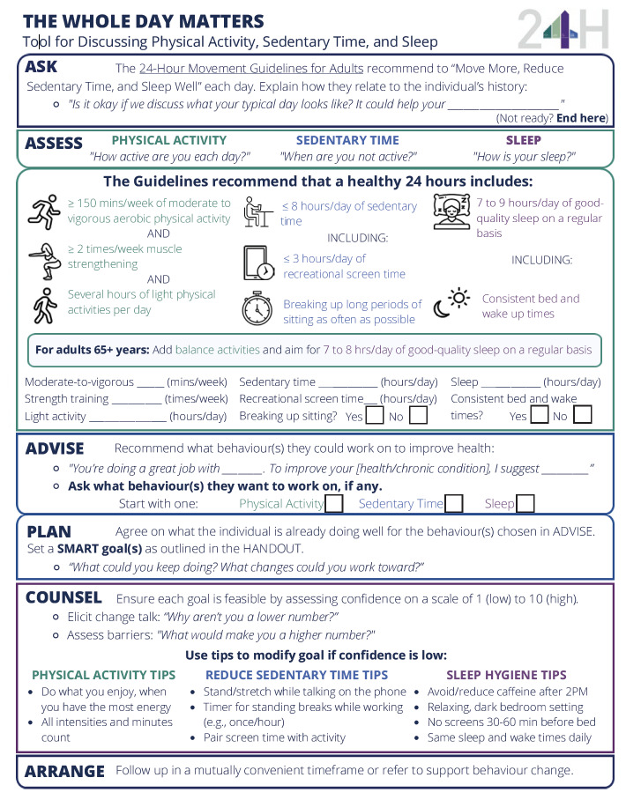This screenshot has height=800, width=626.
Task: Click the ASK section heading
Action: (42, 67)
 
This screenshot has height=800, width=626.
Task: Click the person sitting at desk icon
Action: (258, 212)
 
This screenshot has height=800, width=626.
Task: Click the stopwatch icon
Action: (257, 309)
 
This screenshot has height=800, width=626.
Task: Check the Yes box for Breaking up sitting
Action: (374, 415)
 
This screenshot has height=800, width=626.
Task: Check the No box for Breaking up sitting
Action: (417, 415)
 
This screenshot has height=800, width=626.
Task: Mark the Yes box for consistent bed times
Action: (539, 415)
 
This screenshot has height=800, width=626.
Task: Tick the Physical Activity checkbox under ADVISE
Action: (333, 503)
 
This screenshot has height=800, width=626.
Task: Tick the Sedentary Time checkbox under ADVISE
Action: (453, 503)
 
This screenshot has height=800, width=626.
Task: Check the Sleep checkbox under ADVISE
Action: (525, 503)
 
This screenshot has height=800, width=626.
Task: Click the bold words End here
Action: (579, 118)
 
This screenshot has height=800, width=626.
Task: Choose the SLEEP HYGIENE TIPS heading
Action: (506, 675)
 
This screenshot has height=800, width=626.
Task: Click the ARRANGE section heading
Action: (64, 771)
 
